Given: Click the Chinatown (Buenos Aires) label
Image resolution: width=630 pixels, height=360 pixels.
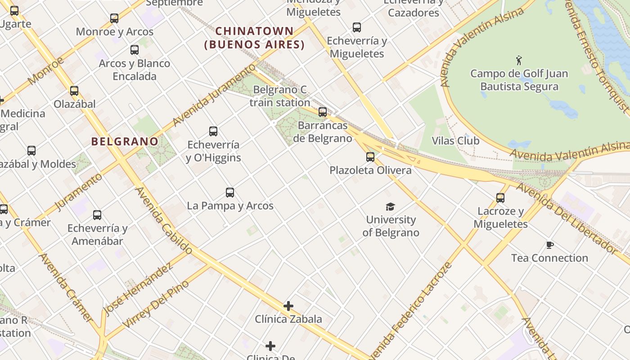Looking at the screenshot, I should [x=255, y=38].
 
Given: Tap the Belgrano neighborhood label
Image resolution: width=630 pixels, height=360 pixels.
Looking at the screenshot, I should [x=125, y=141].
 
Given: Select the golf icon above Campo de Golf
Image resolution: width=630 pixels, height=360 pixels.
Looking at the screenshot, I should [x=519, y=60].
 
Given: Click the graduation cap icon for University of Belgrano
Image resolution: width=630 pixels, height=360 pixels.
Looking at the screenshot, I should [x=390, y=207].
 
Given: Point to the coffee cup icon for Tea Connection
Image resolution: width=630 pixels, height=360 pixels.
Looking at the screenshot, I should [x=549, y=245].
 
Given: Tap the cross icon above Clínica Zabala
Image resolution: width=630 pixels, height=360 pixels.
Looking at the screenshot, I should [x=288, y=306].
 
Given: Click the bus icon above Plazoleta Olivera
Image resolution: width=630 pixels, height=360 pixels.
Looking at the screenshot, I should [x=370, y=157].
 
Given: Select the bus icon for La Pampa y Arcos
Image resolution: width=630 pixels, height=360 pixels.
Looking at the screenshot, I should [x=230, y=193].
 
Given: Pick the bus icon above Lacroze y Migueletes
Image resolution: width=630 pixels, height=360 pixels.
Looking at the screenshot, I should [x=500, y=198].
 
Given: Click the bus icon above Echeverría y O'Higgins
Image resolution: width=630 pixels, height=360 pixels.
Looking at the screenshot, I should [x=213, y=131].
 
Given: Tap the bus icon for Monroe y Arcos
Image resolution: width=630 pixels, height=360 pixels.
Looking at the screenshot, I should [x=114, y=18].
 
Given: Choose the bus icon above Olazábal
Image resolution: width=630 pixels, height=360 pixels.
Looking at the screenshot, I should [x=74, y=91].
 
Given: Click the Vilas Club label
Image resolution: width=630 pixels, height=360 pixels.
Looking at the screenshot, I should [x=455, y=141].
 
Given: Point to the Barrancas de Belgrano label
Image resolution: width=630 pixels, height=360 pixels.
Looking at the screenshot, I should [x=322, y=132].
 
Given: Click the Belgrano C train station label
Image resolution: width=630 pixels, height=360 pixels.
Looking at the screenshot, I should [x=279, y=96].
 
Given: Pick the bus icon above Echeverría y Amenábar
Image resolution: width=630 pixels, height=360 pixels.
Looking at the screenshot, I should [x=97, y=215].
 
